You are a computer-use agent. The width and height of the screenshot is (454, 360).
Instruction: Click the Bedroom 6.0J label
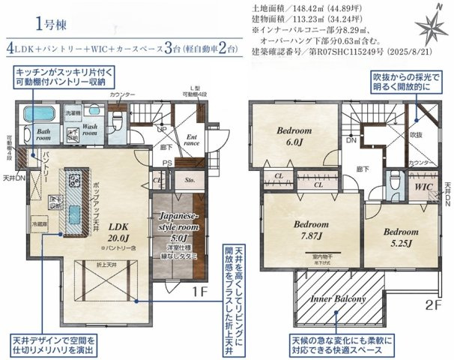coord(299,136)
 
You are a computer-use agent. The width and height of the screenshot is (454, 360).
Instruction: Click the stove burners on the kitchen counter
coord(76,180)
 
